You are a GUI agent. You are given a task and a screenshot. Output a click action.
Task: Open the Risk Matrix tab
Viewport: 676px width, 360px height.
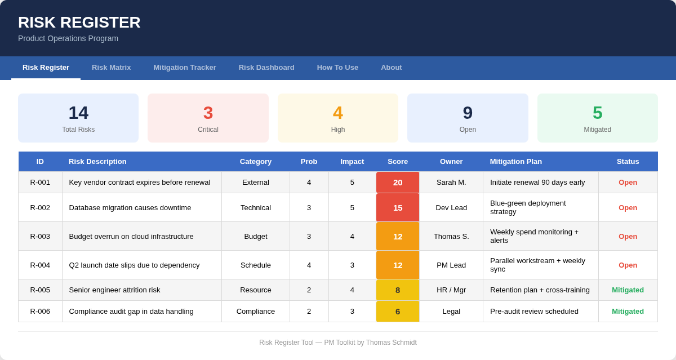click(x=111, y=68)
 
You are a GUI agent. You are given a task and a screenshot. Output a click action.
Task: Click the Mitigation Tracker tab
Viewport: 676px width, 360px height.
click(x=185, y=68)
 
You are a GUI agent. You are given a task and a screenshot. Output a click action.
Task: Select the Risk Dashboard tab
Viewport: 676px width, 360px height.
click(x=266, y=68)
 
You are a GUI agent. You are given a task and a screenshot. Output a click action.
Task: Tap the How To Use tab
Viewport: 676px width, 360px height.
click(x=337, y=68)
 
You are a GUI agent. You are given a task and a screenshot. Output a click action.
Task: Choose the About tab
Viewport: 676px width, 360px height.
click(x=392, y=68)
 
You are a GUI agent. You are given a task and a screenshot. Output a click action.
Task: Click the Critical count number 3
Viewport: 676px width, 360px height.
click(x=208, y=113)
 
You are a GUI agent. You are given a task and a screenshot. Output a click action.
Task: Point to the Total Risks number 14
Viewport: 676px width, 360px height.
click(x=78, y=113)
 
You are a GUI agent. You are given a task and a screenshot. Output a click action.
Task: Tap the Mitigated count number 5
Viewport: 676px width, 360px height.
click(x=597, y=113)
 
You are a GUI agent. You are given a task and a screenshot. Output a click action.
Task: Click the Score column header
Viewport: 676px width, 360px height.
click(x=398, y=162)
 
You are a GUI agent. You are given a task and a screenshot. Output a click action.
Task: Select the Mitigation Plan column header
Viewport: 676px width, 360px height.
click(x=516, y=162)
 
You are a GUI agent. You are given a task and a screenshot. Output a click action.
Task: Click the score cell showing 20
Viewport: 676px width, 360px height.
click(x=398, y=183)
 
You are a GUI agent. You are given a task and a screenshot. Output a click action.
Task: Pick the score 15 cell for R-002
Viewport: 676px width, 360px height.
click(x=398, y=207)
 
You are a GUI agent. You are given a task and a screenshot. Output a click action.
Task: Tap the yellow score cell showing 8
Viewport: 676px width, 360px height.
click(x=398, y=290)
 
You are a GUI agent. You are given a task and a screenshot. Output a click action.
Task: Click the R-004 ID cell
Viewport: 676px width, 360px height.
click(x=40, y=265)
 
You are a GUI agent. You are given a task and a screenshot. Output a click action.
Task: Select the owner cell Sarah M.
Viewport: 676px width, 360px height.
click(x=451, y=183)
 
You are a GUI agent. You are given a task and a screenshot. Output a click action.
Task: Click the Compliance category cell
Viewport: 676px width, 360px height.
click(x=256, y=312)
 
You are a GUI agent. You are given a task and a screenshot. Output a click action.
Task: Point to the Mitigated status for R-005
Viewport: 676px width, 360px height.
click(x=628, y=290)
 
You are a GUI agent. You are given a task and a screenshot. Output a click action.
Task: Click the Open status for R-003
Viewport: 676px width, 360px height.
click(x=628, y=236)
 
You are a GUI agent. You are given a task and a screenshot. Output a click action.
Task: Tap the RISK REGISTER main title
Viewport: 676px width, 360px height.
click(x=79, y=23)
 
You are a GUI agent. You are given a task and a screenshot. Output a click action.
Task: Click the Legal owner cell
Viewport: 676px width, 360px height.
click(x=451, y=312)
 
